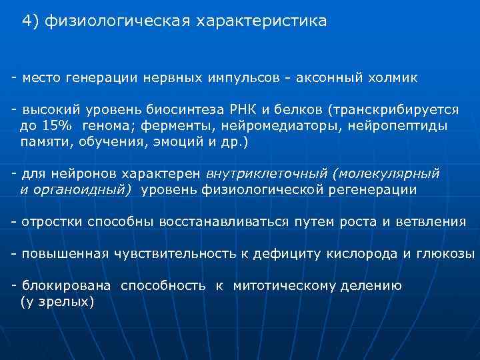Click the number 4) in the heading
[30, 21]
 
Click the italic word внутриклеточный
[269, 173]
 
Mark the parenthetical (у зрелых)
[57, 302]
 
